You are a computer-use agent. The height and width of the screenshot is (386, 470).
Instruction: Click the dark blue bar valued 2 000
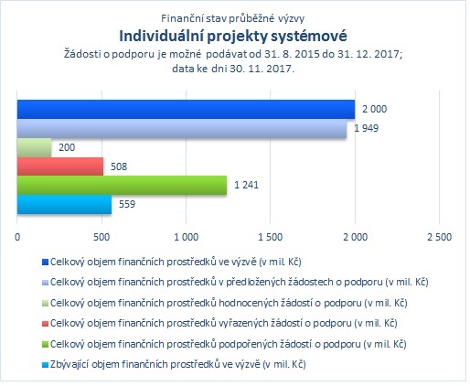click(x=186, y=109)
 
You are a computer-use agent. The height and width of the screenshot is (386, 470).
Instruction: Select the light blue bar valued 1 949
click(x=182, y=128)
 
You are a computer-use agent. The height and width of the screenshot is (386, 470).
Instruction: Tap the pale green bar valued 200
click(x=34, y=147)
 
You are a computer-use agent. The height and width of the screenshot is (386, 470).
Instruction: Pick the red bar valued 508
click(x=60, y=166)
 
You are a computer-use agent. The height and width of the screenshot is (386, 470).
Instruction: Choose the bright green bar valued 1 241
click(x=122, y=185)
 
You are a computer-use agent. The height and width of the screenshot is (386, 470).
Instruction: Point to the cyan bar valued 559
click(x=64, y=204)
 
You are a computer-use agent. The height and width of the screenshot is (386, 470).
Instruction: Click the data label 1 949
click(x=366, y=128)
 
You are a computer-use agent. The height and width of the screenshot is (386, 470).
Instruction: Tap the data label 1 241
click(x=246, y=185)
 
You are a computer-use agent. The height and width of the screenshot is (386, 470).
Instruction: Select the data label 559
click(x=127, y=204)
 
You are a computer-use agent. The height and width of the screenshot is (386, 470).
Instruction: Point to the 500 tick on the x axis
click(x=101, y=237)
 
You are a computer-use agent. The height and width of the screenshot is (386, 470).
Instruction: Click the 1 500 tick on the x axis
click(x=271, y=237)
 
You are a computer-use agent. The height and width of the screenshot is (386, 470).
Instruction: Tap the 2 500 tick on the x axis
click(x=439, y=237)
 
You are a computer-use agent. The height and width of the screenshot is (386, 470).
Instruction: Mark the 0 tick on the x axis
click(x=17, y=237)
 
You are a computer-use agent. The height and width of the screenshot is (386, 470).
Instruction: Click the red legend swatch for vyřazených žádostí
click(x=45, y=324)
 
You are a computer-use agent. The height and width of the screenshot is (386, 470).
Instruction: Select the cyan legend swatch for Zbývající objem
click(x=45, y=365)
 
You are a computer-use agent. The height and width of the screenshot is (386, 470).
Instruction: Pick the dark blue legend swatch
click(x=45, y=263)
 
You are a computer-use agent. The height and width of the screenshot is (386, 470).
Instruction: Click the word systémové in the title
click(x=309, y=37)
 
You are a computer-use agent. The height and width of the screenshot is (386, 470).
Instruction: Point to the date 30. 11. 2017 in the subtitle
click(x=262, y=69)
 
